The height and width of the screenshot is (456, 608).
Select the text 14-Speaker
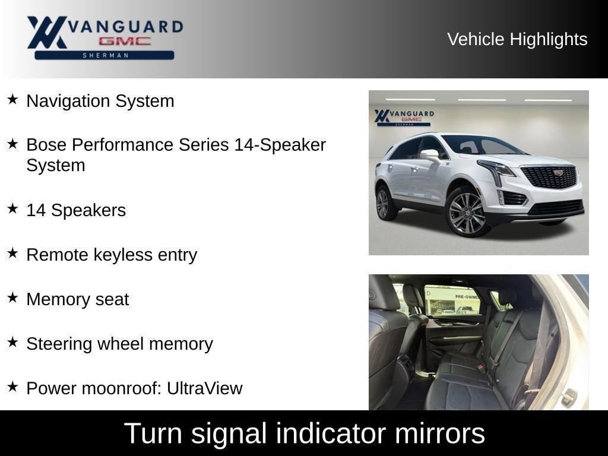pos(280,145)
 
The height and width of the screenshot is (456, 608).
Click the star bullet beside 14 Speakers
pos(12,208)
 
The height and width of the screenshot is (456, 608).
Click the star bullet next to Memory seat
pos(12,298)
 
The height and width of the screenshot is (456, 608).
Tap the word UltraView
pos(205,388)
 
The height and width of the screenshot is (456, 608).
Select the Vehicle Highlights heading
pos(517,39)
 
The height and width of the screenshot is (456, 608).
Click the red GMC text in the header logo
pos(125,41)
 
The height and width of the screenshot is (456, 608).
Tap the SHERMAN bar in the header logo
pos(104,55)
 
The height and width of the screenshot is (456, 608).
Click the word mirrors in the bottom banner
pos(440,433)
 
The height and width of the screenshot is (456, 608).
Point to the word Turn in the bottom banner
pos(153,433)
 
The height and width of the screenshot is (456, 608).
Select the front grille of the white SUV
pos(549,176)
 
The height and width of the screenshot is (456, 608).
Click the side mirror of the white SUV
pos(430,155)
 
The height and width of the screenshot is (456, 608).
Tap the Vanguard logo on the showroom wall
pos(404,117)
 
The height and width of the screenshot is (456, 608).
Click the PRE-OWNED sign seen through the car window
pos(467,297)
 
